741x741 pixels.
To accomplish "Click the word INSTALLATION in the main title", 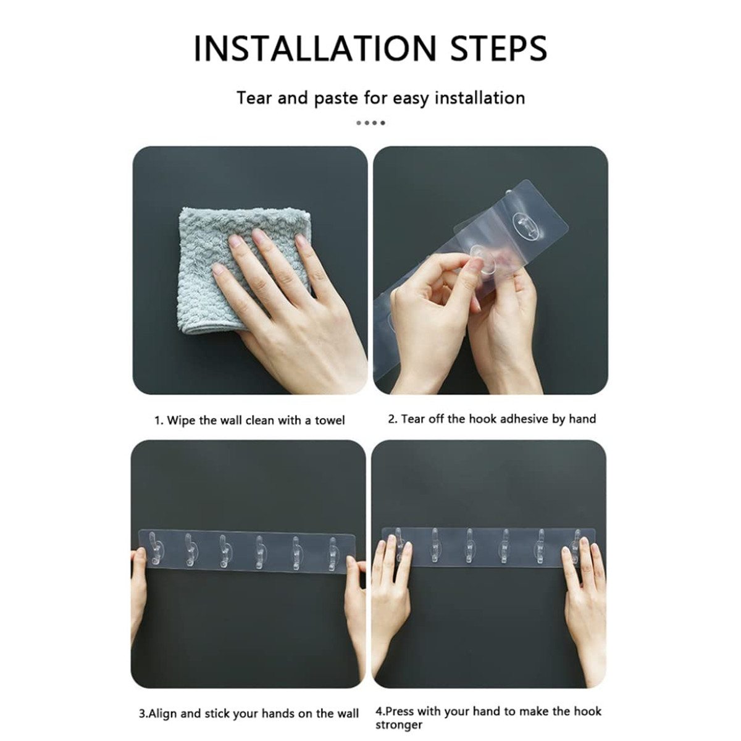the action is pyautogui.click(x=315, y=48).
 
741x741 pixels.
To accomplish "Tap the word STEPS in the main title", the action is pyautogui.click(x=499, y=48).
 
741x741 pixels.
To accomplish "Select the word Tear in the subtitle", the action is pyautogui.click(x=254, y=98).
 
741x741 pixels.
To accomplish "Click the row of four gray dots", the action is pyautogui.click(x=371, y=123).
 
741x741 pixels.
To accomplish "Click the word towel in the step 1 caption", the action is pyautogui.click(x=330, y=421).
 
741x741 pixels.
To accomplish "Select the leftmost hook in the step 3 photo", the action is pyautogui.click(x=154, y=549).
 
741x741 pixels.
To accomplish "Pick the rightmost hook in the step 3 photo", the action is pyautogui.click(x=333, y=554).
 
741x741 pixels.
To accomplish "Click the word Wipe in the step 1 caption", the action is pyautogui.click(x=181, y=421).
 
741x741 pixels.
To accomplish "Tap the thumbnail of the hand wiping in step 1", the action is pyautogui.click(x=250, y=270).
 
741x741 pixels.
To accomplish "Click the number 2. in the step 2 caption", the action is pyautogui.click(x=393, y=419).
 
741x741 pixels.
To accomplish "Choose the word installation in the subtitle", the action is pyautogui.click(x=480, y=98).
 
